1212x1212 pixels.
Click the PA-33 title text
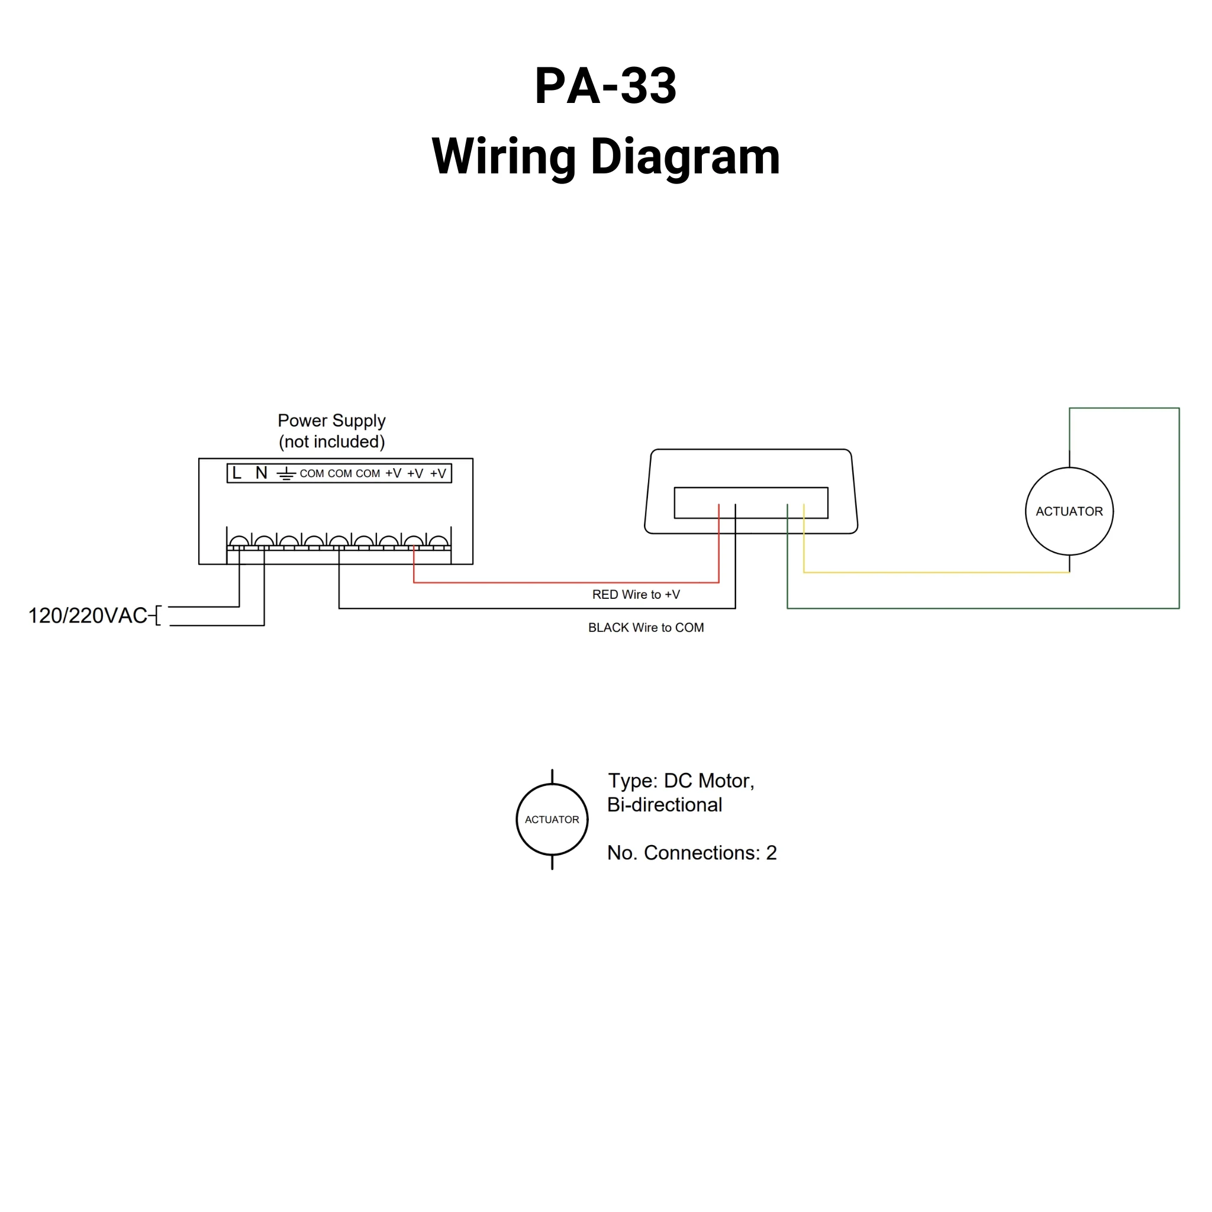point(605,86)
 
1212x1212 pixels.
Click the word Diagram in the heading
point(685,156)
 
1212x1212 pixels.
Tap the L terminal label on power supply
point(237,473)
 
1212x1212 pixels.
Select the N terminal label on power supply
point(262,473)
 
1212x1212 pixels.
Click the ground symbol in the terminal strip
point(286,473)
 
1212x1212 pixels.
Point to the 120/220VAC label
point(88,615)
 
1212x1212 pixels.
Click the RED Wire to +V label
point(636,595)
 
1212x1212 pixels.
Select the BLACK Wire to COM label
point(646,627)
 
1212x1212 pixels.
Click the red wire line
point(565,582)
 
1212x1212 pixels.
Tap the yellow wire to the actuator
point(934,572)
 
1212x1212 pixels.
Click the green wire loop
point(1179,502)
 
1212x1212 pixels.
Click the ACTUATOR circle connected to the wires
point(1068,511)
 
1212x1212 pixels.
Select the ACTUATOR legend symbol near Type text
point(552,819)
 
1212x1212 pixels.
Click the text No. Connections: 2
point(691,853)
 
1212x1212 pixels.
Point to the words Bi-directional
point(665,805)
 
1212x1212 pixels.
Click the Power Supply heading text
point(331,420)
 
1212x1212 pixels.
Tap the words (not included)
point(331,441)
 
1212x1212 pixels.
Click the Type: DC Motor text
point(681,781)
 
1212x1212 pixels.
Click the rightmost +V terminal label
point(438,473)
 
